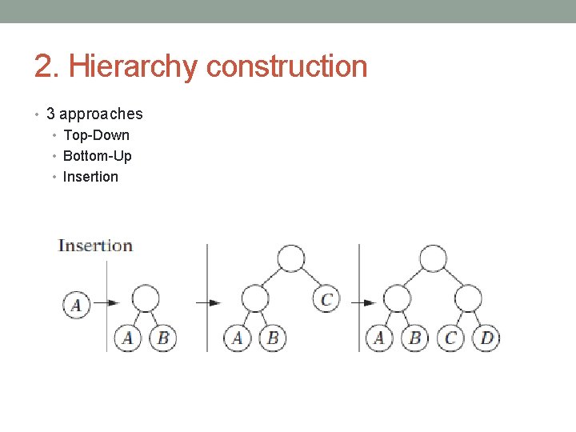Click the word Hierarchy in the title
[x=132, y=66]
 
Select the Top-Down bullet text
[x=96, y=135]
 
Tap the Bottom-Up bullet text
[x=97, y=156]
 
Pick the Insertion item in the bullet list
[x=90, y=177]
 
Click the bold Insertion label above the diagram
[x=95, y=246]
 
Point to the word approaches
[x=101, y=114]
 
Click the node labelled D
[x=486, y=338]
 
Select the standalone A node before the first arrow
[x=77, y=305]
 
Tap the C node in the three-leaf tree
[x=326, y=299]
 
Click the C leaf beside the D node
[x=450, y=338]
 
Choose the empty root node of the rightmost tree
[x=433, y=258]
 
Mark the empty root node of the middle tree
[x=290, y=258]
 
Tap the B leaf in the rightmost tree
[x=414, y=338]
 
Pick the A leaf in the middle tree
[x=237, y=338]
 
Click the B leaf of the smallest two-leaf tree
[x=163, y=338]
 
